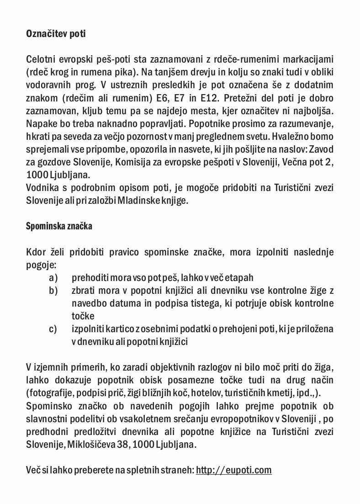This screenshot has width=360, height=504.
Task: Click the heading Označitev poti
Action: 56,34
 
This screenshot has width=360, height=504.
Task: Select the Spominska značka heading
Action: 59,226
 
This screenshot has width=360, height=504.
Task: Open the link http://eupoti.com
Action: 233,470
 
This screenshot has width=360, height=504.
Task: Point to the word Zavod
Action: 322,149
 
